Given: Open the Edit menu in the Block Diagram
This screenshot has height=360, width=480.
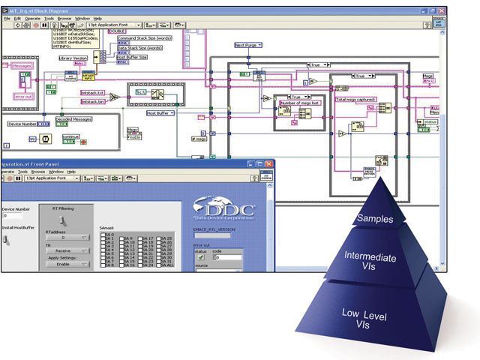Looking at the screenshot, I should point(16,18).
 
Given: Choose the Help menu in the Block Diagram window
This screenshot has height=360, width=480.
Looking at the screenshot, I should point(97,18).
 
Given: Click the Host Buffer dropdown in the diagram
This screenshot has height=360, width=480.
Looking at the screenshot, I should point(161,113).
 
